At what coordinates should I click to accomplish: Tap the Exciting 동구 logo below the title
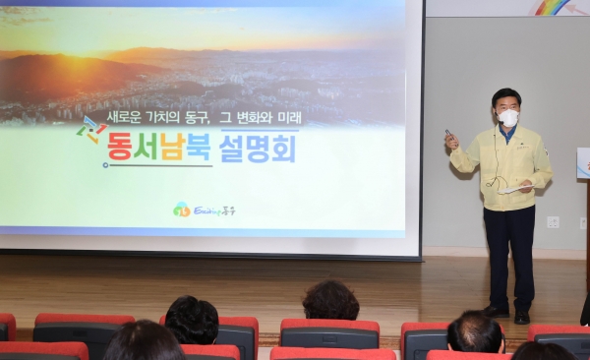click(205, 210)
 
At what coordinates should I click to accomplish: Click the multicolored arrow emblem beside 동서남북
click(92, 130)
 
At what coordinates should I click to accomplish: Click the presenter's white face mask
click(508, 118)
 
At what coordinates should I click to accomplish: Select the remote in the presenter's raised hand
click(448, 135)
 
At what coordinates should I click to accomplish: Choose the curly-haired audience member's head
click(330, 300)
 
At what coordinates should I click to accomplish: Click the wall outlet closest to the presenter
click(553, 221)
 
